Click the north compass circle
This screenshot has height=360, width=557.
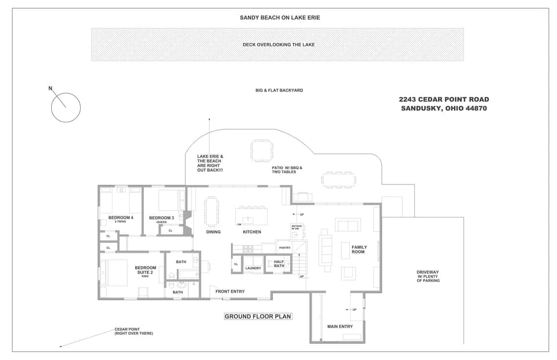pos(66,107)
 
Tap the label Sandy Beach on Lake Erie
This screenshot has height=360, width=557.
pos(280,17)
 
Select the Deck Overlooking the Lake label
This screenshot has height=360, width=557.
pos(278,45)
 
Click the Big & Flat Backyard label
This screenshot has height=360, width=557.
pos(279,90)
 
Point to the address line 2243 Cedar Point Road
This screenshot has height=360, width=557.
pos(444,100)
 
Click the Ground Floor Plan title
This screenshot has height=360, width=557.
pos(258,317)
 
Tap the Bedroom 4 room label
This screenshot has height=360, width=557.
pos(121,218)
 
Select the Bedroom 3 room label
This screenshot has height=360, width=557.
pos(161,218)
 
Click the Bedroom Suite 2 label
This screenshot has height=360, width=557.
pos(145,270)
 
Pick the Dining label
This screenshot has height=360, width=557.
pos(214,232)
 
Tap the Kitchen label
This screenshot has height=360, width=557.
pos(252,232)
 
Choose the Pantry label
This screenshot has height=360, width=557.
pos(284,248)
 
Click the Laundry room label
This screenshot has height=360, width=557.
pos(253,268)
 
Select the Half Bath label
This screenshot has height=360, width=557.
pos(279,264)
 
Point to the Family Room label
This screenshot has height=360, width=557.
pos(359,250)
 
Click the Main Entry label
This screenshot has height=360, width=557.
pos(340,326)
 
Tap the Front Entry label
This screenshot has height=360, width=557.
pos(230,292)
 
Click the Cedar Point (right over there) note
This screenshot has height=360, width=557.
pos(133,332)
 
